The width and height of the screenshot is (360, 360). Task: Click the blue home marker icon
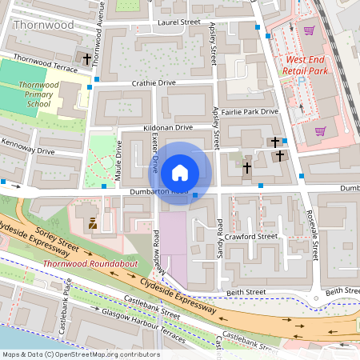[180, 173]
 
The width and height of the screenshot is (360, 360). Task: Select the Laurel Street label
[179, 23]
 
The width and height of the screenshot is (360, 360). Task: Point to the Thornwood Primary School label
[38, 94]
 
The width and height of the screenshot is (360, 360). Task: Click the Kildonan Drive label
[168, 127]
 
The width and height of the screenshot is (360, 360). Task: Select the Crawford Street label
[250, 236]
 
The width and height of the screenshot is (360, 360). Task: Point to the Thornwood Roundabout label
[81, 262]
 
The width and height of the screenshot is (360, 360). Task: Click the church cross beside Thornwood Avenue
[88, 59]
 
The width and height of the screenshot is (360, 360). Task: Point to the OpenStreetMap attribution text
[81, 354]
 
